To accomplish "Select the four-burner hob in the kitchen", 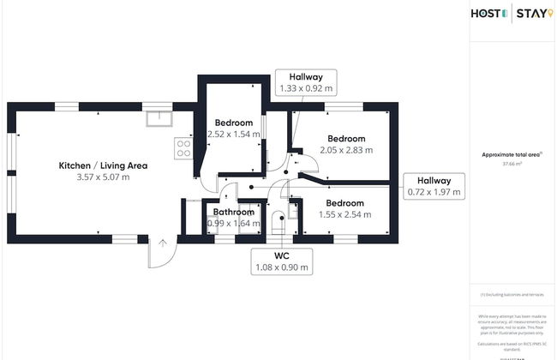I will [x=183, y=149].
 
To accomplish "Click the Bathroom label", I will [x=233, y=212].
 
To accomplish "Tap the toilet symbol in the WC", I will [x=278, y=225].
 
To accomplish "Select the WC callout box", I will [x=281, y=261].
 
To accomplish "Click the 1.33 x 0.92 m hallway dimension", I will [x=306, y=88].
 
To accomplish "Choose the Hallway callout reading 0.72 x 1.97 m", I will [x=434, y=187].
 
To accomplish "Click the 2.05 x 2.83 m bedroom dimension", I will [x=346, y=150].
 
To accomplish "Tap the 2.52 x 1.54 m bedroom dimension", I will [x=234, y=134].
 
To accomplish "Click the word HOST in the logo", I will [x=488, y=13].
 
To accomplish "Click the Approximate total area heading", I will [x=511, y=153].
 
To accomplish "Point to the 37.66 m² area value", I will [x=512, y=162].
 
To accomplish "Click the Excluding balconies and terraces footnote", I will [x=512, y=295].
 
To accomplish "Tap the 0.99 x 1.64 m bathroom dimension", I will [x=233, y=223].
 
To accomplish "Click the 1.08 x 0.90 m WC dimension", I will [x=281, y=267].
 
